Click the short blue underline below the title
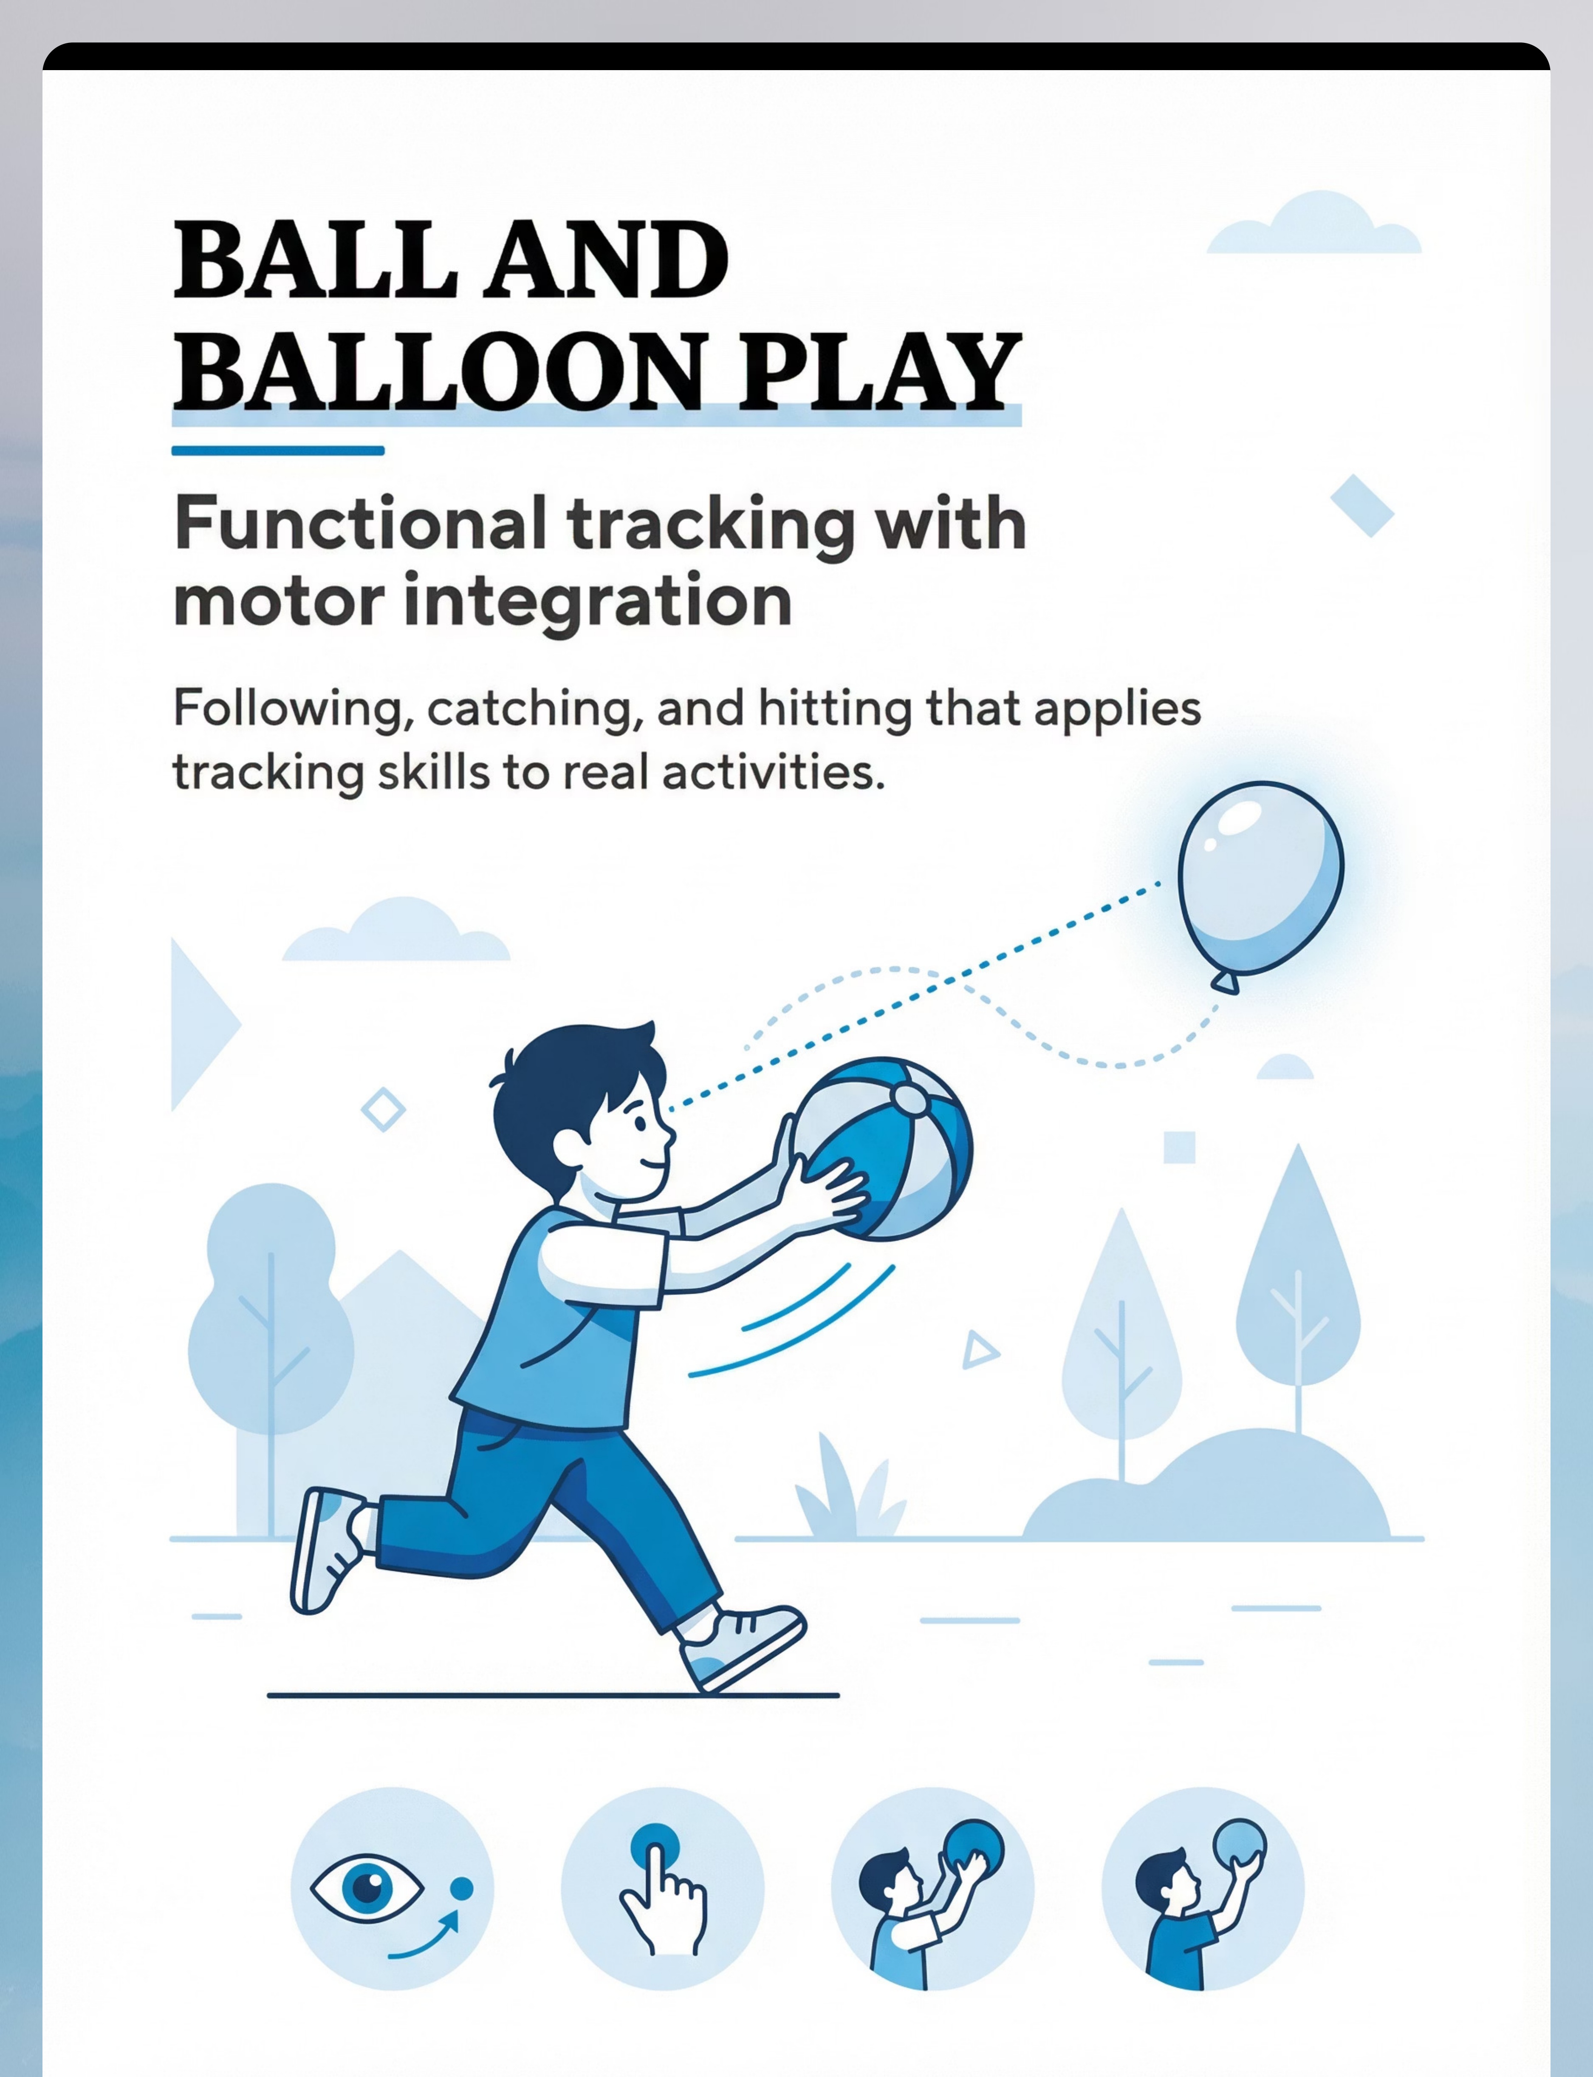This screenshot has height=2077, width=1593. click(278, 451)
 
